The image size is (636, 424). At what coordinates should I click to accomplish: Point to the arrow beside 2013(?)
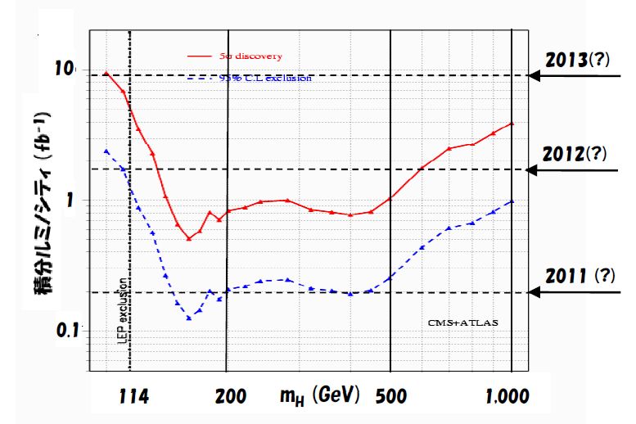tap(573, 76)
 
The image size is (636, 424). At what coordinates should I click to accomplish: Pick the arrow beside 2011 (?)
tap(573, 291)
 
